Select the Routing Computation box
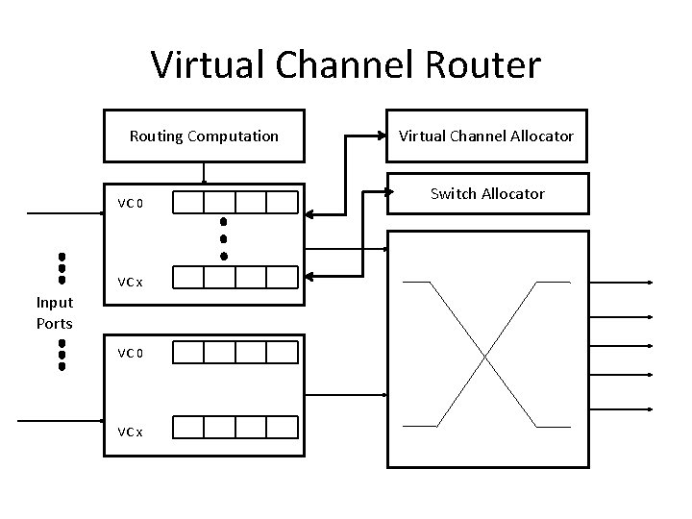coord(204,136)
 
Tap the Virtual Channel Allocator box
coord(486,136)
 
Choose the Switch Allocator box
coord(486,194)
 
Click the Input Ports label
coord(55,312)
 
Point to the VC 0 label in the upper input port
coord(130,203)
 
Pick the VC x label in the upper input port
coord(130,283)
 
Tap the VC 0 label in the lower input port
coord(130,353)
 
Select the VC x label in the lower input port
coord(130,432)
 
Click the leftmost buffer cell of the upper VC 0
coord(189,202)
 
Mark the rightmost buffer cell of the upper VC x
coord(283,278)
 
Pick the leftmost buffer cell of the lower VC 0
coord(189,353)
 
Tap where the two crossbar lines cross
coord(486,353)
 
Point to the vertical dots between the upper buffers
coord(223,238)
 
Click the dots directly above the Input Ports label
coord(61,268)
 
